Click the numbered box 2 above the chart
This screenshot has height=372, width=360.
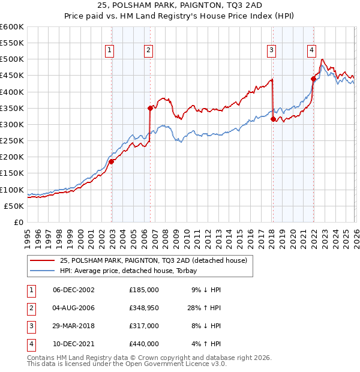148,51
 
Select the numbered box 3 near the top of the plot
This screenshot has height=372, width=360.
272,51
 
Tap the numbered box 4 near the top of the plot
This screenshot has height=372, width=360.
312,51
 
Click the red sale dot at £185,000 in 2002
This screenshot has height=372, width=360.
112,161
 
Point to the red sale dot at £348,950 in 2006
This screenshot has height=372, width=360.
150,108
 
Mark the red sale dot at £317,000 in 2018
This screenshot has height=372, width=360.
273,119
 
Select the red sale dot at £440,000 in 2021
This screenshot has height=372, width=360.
313,79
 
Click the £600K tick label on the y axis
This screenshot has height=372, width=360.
12,27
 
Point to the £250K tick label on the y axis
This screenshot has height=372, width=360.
12,140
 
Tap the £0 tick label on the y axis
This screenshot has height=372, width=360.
18,222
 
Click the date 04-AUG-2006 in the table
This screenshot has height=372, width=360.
73,308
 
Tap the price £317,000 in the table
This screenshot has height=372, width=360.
144,326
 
